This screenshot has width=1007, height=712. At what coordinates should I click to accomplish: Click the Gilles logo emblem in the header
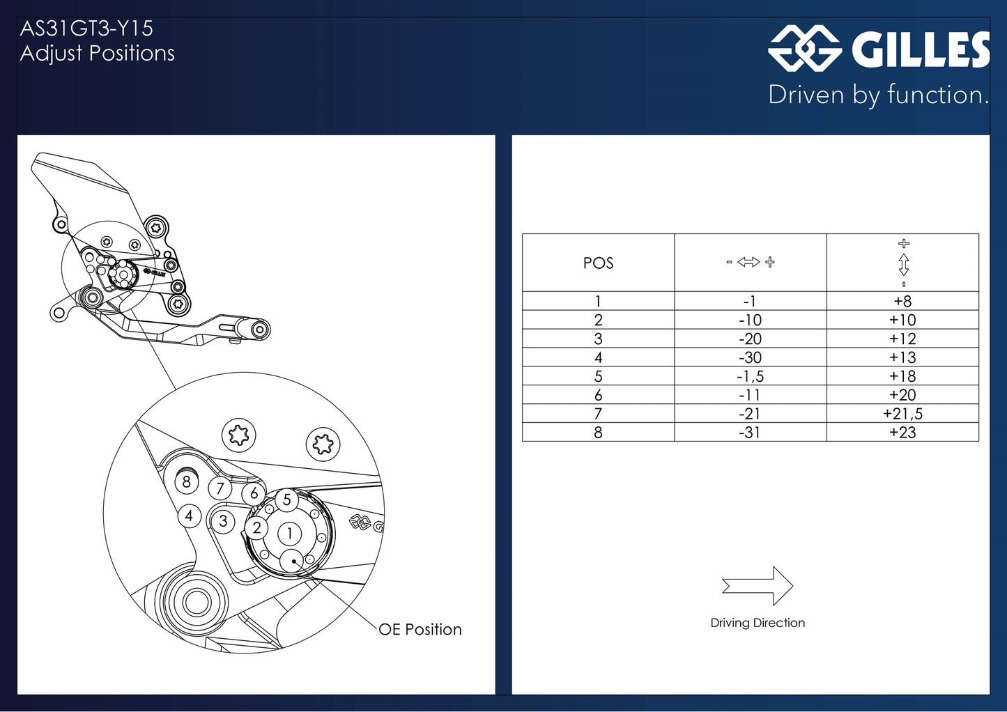804,49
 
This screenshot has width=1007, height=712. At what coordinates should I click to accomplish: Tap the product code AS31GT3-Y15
87,29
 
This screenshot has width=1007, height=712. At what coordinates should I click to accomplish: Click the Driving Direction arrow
758,586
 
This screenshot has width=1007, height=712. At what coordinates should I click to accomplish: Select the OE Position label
420,629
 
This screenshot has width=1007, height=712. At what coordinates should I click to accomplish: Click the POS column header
598,263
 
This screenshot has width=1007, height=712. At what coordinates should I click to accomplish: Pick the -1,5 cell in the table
750,376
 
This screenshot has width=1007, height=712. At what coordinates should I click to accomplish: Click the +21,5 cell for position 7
902,414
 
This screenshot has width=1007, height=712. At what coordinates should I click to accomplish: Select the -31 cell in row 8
750,433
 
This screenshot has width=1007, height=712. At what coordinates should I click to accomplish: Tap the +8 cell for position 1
902,301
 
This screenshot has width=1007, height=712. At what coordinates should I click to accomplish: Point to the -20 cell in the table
750,339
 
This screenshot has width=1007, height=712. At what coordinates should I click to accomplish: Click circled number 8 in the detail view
187,482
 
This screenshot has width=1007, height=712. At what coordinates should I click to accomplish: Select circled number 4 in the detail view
190,516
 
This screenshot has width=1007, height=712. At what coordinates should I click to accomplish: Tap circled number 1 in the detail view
289,534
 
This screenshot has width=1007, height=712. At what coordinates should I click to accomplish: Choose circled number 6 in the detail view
254,493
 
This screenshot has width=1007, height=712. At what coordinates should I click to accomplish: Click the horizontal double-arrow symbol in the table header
748,262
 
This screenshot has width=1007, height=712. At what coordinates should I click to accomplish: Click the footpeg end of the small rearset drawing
259,330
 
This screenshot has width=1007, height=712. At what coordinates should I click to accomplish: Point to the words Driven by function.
879,95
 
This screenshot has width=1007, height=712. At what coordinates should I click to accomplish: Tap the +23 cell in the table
902,433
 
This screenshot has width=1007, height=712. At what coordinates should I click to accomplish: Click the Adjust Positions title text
97,54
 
